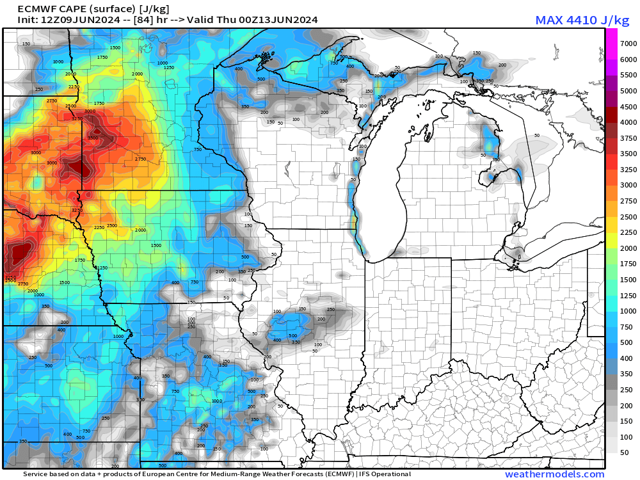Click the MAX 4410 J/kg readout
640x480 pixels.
pyautogui.click(x=582, y=20)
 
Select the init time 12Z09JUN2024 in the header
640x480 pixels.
pyautogui.click(x=76, y=20)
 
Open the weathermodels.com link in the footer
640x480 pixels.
pyautogui.click(x=554, y=474)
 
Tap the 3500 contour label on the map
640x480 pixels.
pyautogui.click(x=93, y=138)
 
